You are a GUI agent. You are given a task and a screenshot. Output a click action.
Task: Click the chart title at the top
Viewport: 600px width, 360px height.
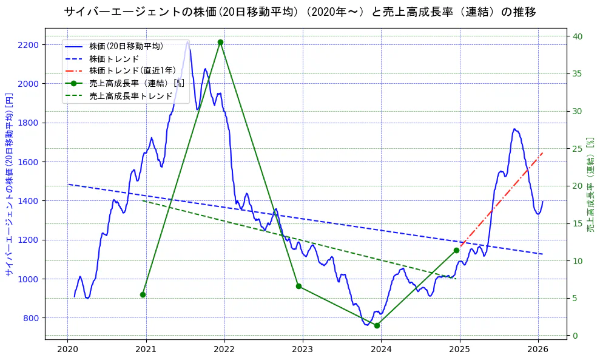tap(300, 12)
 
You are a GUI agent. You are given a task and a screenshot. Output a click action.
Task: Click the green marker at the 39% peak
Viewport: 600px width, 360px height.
tap(220, 42)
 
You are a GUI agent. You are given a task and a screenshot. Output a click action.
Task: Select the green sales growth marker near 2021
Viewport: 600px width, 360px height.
tap(143, 294)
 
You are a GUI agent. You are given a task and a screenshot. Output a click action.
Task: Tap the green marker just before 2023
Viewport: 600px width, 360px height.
tap(298, 286)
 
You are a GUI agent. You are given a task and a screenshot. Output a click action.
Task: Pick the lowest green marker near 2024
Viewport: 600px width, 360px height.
tap(377, 325)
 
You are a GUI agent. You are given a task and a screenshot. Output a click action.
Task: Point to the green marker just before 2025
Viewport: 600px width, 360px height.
tap(456, 250)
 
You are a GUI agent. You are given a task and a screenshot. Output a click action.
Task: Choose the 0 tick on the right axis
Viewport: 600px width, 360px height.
tap(576, 336)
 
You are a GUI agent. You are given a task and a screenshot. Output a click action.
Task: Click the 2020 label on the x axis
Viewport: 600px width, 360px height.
tap(67, 349)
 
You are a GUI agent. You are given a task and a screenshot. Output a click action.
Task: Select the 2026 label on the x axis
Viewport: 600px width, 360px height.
tap(538, 349)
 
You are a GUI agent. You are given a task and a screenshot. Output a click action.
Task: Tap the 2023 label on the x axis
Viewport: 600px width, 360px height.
tap(303, 349)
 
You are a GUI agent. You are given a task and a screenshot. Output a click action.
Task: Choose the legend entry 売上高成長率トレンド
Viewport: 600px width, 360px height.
tap(130, 96)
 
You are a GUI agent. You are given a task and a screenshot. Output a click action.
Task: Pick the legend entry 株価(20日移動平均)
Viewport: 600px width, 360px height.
tap(126, 46)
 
